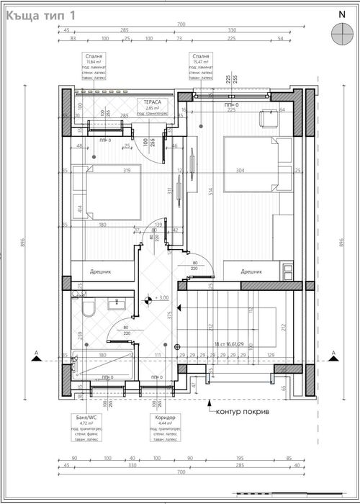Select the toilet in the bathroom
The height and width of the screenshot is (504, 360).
click(x=87, y=309)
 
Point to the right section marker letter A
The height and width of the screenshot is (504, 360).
click(x=334, y=353)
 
